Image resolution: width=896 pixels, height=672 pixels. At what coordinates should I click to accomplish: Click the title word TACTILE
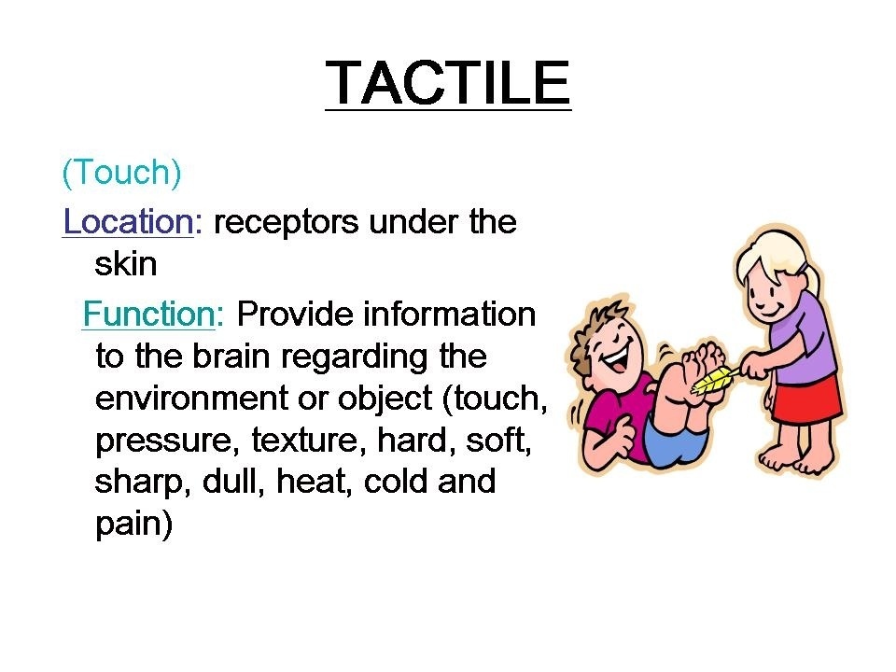(x=448, y=83)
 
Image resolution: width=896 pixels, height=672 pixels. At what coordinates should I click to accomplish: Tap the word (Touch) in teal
(x=121, y=172)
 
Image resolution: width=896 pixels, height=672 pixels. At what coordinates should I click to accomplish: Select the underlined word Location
(x=128, y=221)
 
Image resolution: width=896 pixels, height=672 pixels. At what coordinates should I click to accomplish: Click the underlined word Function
(x=149, y=314)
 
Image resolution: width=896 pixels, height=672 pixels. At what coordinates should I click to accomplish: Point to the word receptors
(x=286, y=224)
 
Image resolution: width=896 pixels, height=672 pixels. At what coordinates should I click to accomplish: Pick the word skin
(x=126, y=263)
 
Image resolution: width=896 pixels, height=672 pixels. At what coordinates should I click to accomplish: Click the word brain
(x=231, y=356)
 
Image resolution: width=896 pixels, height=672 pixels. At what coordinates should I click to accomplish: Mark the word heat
(x=312, y=482)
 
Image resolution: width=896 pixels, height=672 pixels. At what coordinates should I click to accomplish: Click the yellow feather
(x=714, y=380)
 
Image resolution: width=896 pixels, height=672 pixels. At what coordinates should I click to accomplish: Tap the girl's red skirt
(x=805, y=398)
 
